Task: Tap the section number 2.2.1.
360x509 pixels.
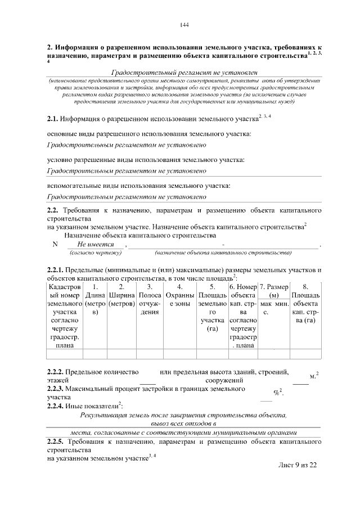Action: tap(55, 269)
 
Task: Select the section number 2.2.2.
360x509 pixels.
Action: tap(55, 372)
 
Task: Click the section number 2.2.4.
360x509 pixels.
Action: tap(55, 406)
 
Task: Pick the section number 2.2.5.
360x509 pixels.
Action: tap(55, 442)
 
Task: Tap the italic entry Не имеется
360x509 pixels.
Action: tap(96, 245)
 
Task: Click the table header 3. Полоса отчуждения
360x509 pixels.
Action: tap(150, 299)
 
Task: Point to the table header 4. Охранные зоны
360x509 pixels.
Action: tap(180, 295)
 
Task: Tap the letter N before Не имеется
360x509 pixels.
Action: tap(55, 245)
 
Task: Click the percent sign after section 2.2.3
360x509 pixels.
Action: tap(276, 393)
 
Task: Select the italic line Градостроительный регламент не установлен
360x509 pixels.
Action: tap(184, 73)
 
